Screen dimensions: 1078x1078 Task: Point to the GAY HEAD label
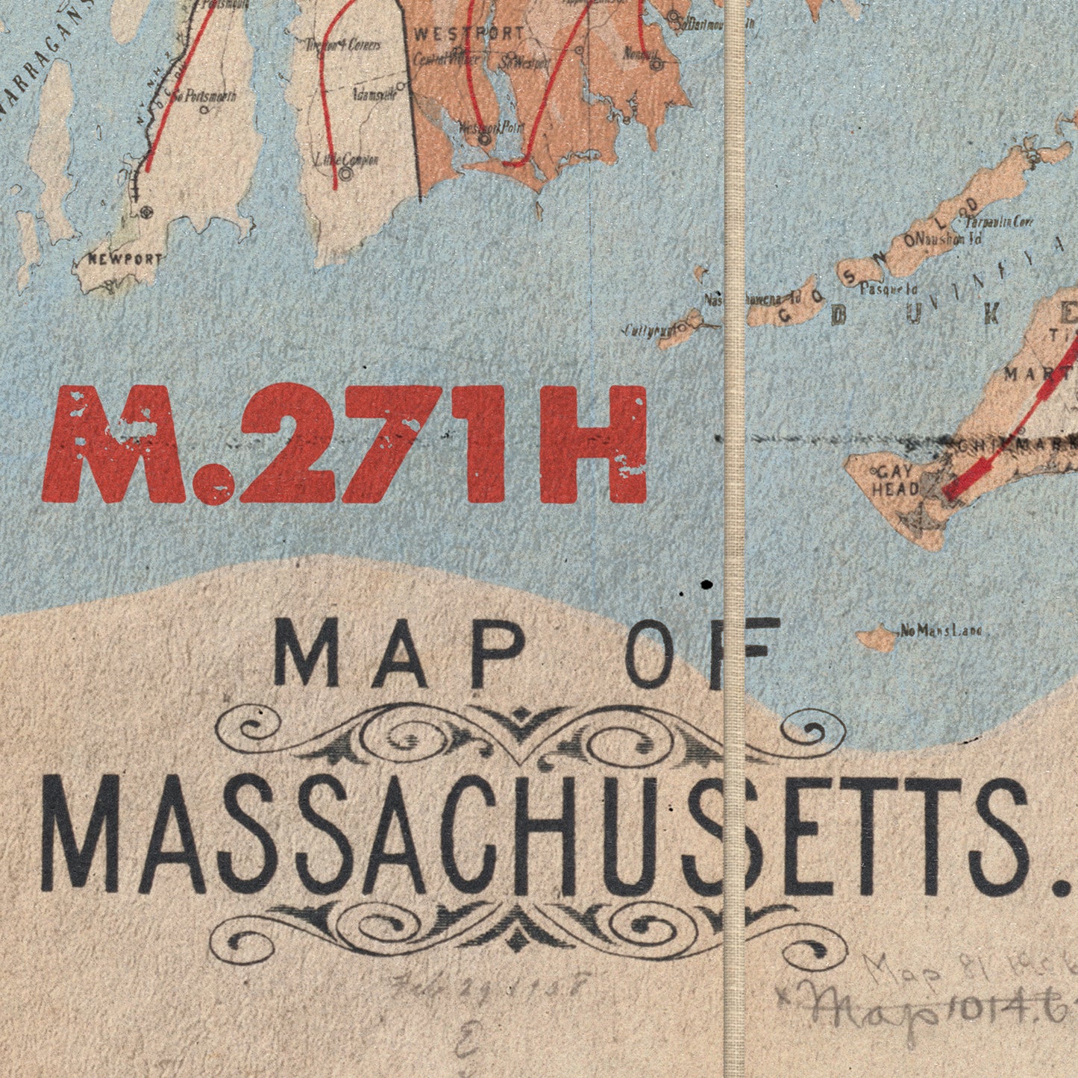pyautogui.click(x=895, y=481)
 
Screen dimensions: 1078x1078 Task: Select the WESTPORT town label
pyautogui.click(x=469, y=34)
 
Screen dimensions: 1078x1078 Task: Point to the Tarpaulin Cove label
pyautogui.click(x=1000, y=222)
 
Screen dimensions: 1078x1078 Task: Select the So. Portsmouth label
pyautogui.click(x=204, y=96)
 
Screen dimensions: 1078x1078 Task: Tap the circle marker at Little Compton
pyautogui.click(x=345, y=175)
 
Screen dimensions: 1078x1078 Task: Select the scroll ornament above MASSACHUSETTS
pyautogui.click(x=530, y=735)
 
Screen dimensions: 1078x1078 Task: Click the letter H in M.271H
pyautogui.click(x=593, y=445)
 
